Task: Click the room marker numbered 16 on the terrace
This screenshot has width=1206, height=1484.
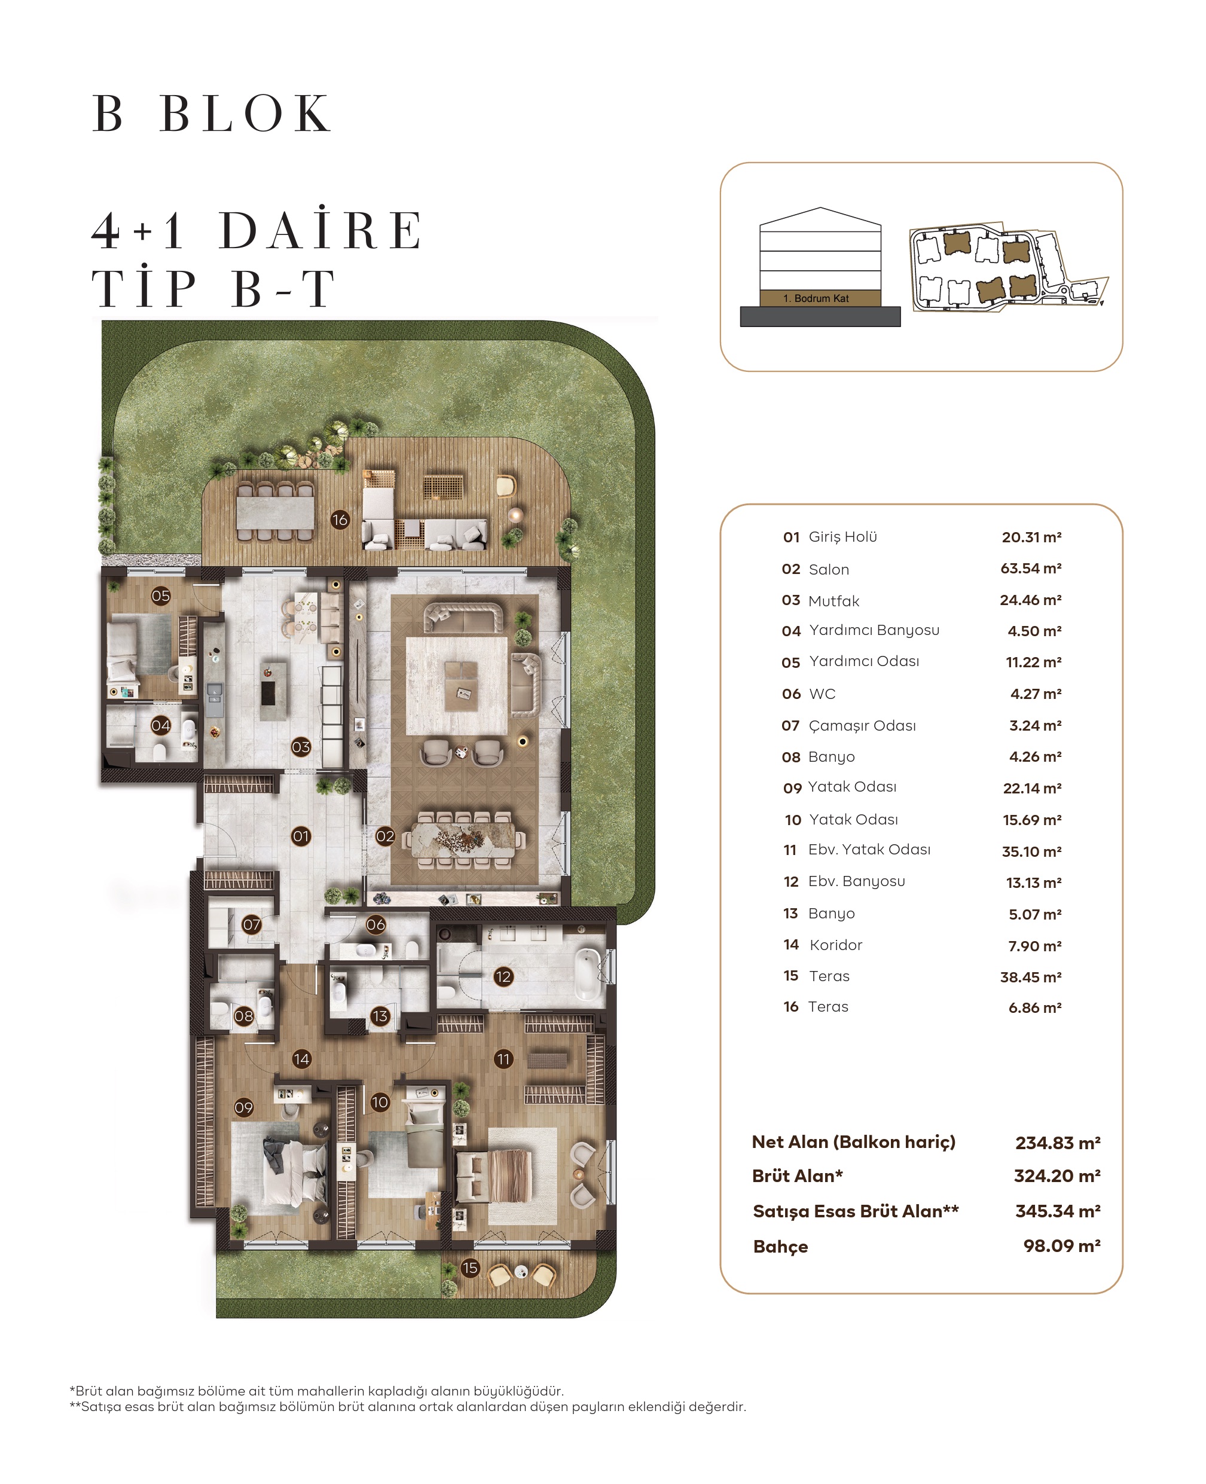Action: point(340,519)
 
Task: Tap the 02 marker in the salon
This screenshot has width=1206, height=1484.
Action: point(385,836)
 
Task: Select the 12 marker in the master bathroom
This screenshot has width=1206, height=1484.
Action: point(503,977)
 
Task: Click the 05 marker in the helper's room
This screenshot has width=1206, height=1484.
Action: point(160,596)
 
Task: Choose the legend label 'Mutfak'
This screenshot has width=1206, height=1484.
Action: point(833,601)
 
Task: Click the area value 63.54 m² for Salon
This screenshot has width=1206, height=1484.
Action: point(1030,569)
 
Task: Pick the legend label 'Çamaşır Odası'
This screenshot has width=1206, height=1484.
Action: point(862,725)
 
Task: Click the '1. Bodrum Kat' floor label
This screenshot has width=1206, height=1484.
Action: point(816,298)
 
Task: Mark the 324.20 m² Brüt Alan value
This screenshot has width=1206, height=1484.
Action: point(1057,1175)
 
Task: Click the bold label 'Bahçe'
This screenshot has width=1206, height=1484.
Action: point(780,1247)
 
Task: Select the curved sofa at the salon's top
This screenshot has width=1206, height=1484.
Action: point(464,616)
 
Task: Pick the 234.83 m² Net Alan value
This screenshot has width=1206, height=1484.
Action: point(1057,1143)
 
